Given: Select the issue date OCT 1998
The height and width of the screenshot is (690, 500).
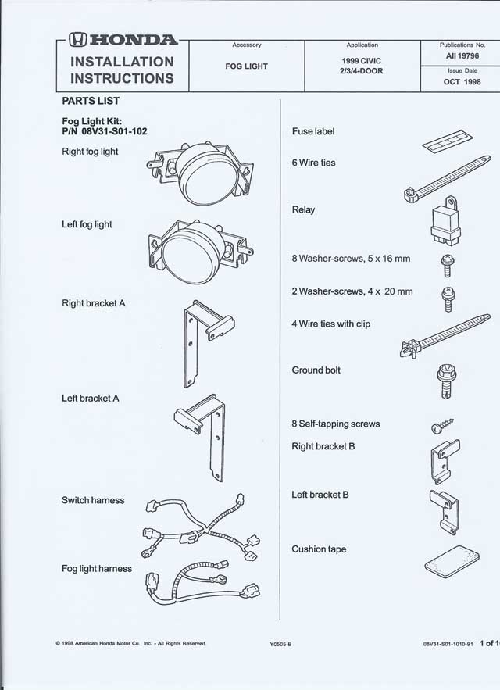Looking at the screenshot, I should [463, 81].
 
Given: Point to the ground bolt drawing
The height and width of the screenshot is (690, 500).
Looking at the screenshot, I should [441, 380].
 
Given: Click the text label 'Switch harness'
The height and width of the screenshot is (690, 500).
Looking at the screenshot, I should [93, 500].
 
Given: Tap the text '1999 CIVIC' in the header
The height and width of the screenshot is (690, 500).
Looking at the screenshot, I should [362, 60].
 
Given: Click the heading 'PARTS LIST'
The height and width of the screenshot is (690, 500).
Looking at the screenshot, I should [91, 102].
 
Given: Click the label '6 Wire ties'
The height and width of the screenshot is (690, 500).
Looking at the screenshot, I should [313, 163].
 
